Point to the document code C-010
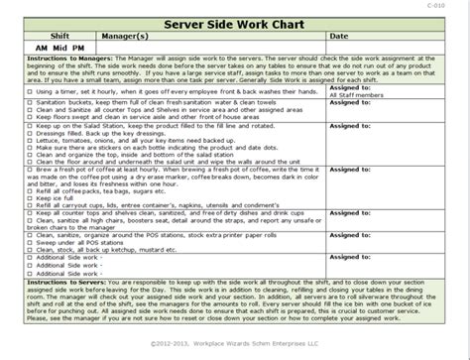[x=451, y=5]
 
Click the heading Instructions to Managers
[x=54, y=59]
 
